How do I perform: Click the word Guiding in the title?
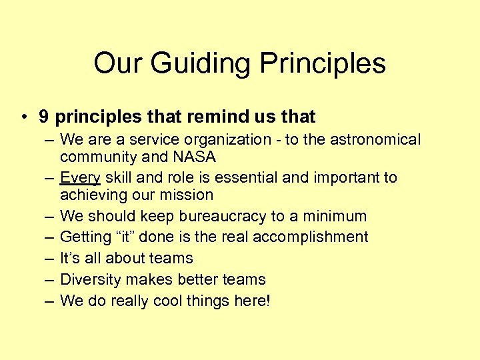tap(201, 64)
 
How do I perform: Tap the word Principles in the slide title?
tap(322, 64)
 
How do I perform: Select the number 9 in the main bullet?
tap(43, 117)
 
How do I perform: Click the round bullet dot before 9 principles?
tap(23, 118)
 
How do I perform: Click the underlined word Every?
tap(79, 177)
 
